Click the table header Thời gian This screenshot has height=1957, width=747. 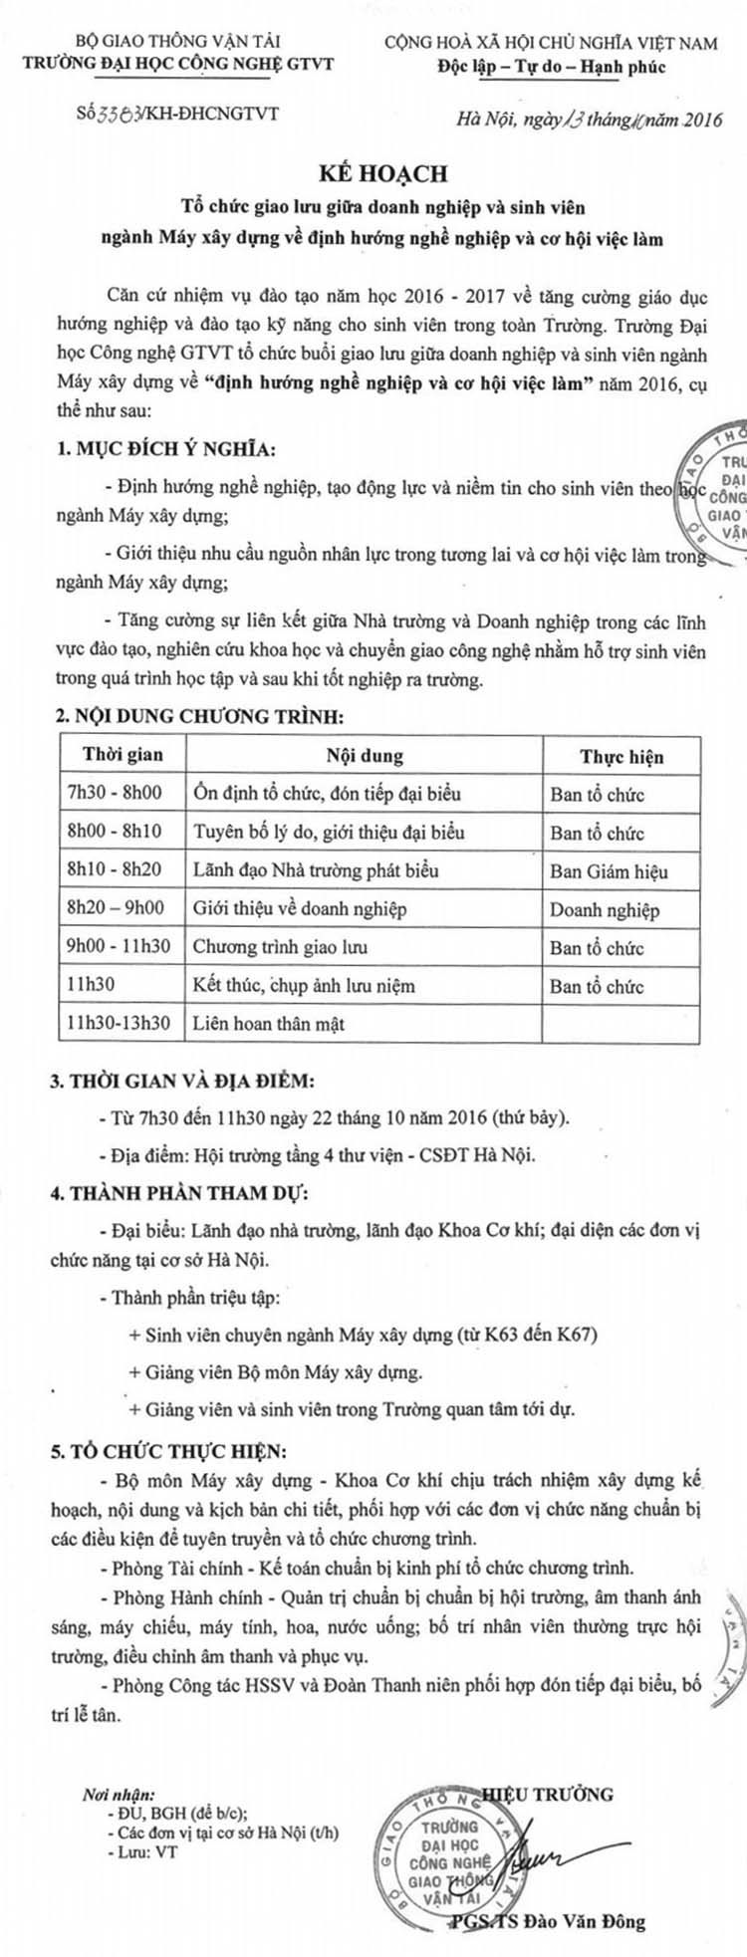[123, 755]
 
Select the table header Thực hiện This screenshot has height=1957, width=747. [622, 757]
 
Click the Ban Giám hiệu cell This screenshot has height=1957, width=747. [609, 871]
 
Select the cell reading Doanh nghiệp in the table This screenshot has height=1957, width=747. [605, 909]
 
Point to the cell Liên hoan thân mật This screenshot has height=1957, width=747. [269, 1024]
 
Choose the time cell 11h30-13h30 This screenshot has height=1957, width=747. [119, 1024]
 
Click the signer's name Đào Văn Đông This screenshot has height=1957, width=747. [592, 1920]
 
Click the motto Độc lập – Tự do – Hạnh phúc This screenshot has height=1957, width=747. [551, 67]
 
